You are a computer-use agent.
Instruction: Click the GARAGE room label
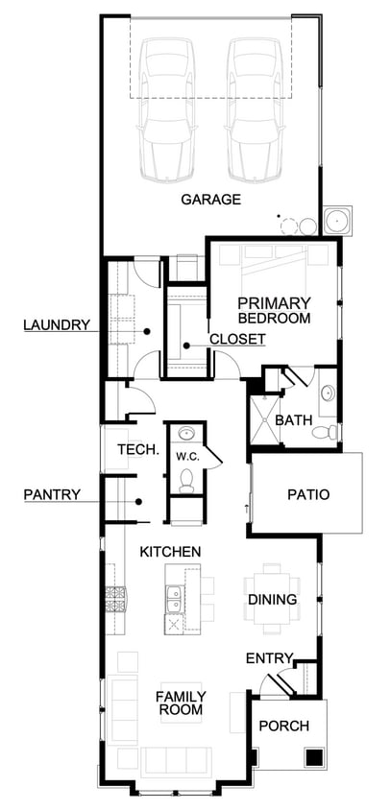tap(211, 200)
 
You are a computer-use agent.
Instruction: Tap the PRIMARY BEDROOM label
tap(274, 310)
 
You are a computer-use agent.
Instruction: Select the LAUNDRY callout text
tap(57, 325)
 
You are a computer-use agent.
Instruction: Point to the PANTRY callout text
tap(52, 494)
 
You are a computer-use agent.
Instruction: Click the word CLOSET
tap(237, 339)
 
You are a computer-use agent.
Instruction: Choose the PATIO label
tap(308, 494)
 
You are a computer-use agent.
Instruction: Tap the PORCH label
tap(284, 726)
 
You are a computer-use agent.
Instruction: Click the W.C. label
tap(184, 456)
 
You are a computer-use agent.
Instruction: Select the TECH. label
tap(138, 449)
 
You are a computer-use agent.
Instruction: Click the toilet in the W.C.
tap(186, 481)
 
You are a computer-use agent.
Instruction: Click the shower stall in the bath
tap(265, 420)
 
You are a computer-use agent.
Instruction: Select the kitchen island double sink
tap(174, 598)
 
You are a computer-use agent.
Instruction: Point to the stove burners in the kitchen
tap(115, 599)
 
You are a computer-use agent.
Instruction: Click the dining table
tap(273, 599)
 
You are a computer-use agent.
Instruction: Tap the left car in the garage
tap(167, 109)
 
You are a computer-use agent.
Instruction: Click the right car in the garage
tap(255, 109)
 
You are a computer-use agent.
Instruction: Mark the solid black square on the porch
tap(314, 757)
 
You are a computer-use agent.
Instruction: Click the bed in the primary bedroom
tap(274, 274)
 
